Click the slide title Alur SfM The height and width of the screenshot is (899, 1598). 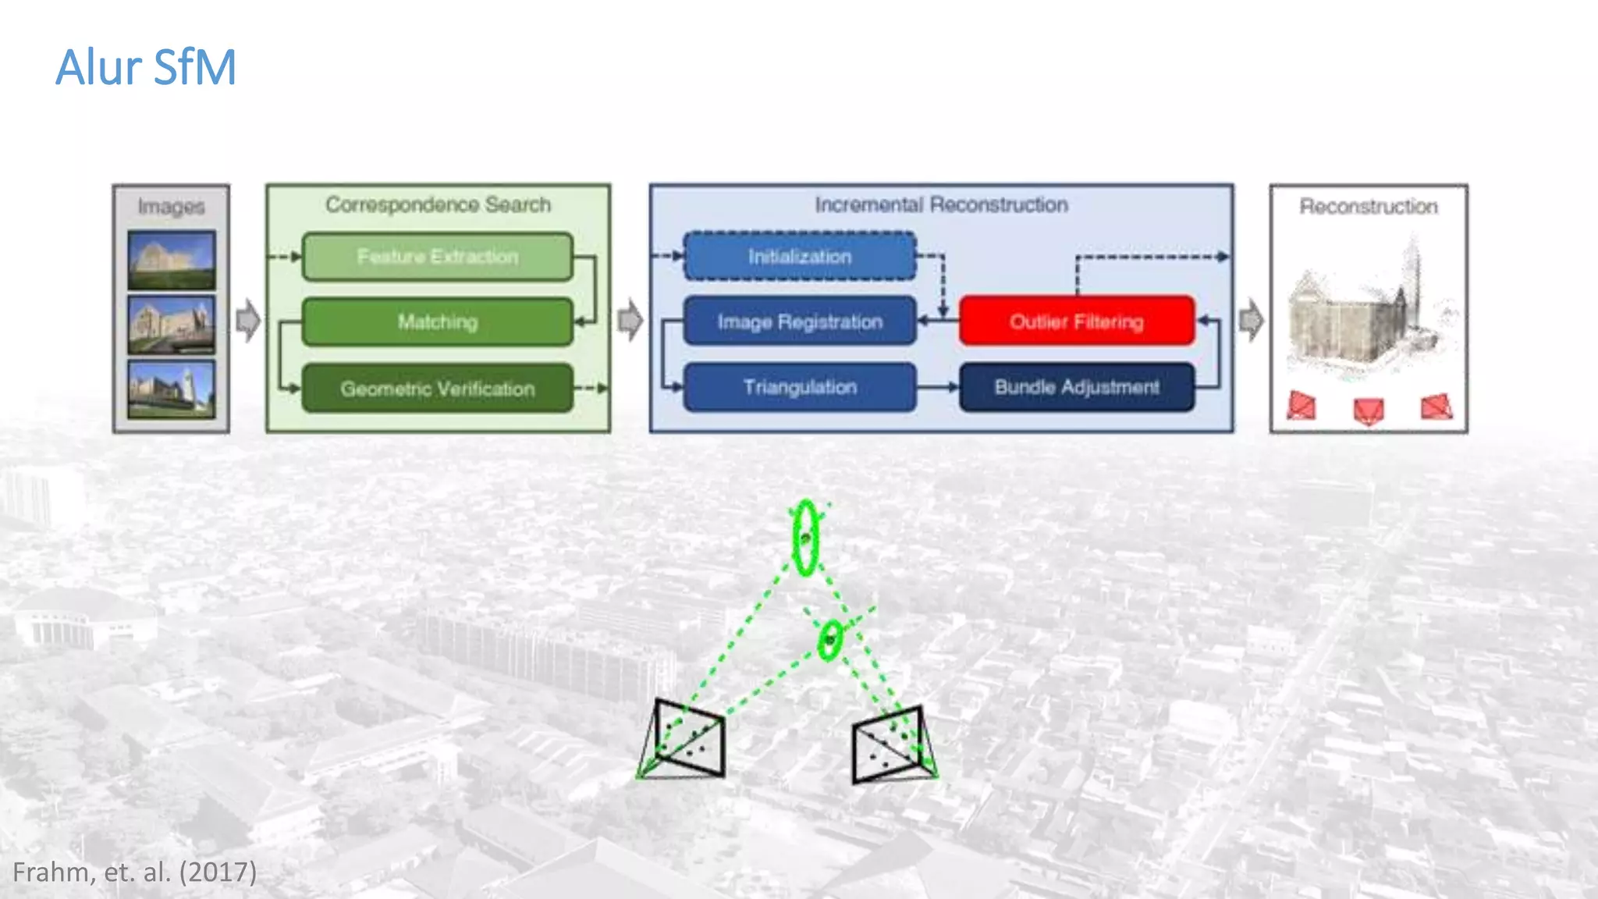pyautogui.click(x=146, y=67)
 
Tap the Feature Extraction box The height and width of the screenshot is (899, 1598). pyautogui.click(x=437, y=257)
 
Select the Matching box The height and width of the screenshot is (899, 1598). pyautogui.click(x=437, y=322)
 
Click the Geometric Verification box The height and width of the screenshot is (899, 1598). pyautogui.click(x=437, y=388)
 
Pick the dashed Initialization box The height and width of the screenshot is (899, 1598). pyautogui.click(x=800, y=256)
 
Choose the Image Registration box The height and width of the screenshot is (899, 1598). pyautogui.click(x=800, y=322)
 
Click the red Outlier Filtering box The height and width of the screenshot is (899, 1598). pyautogui.click(x=1077, y=321)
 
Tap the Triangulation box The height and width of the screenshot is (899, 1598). pyautogui.click(x=800, y=387)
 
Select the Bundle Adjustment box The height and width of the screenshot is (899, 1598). pyautogui.click(x=1077, y=387)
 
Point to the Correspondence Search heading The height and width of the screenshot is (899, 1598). pyautogui.click(x=438, y=204)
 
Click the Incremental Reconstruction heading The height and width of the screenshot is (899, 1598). pyautogui.click(x=941, y=204)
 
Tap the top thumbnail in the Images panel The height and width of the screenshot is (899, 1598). pyautogui.click(x=172, y=260)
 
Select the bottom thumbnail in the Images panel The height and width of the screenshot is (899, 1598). pyautogui.click(x=172, y=389)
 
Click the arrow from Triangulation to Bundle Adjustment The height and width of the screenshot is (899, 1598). pyautogui.click(x=938, y=387)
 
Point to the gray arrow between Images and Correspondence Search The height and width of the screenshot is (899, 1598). pyautogui.click(x=248, y=320)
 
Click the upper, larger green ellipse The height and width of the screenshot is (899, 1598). pyautogui.click(x=805, y=538)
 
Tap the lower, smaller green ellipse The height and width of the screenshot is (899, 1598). pyautogui.click(x=830, y=640)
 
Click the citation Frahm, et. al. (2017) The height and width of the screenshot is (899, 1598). pyautogui.click(x=134, y=872)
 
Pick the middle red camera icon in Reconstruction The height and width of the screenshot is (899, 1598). pyautogui.click(x=1369, y=410)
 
